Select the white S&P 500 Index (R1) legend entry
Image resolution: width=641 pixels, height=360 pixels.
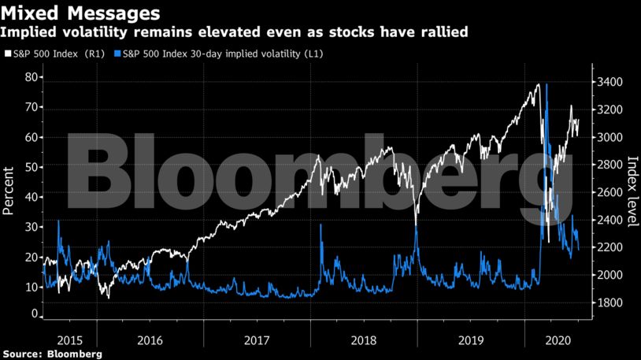[x=54, y=54]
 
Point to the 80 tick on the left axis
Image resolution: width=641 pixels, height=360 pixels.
[x=31, y=77]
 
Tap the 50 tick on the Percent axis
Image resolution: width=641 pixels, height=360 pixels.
[x=31, y=167]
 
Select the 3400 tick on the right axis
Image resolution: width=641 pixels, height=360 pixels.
[x=610, y=82]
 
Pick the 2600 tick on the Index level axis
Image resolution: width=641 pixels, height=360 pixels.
[x=610, y=192]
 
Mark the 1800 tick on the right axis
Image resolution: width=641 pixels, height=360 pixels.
[x=610, y=303]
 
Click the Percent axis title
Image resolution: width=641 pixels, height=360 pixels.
[x=9, y=191]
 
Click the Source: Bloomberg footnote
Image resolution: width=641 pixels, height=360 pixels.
[x=52, y=354]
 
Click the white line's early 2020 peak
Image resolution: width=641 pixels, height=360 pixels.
[x=539, y=84]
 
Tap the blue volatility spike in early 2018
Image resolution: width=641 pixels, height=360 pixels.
[x=320, y=225]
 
